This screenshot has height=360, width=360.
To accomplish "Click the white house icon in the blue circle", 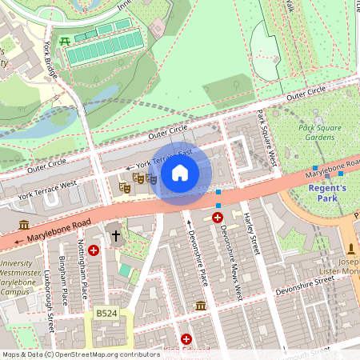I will (x=180, y=172).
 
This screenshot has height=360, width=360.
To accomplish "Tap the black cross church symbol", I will (x=115, y=236).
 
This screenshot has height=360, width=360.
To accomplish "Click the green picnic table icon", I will (x=64, y=40).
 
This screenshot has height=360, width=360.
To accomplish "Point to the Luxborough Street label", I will (x=48, y=296).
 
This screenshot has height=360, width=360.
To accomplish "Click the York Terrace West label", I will (x=47, y=189).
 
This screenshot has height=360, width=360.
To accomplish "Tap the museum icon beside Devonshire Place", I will (x=200, y=306).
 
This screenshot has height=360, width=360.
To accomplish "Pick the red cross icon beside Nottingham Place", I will (x=94, y=250).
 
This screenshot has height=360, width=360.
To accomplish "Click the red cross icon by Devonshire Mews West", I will (x=217, y=217).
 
